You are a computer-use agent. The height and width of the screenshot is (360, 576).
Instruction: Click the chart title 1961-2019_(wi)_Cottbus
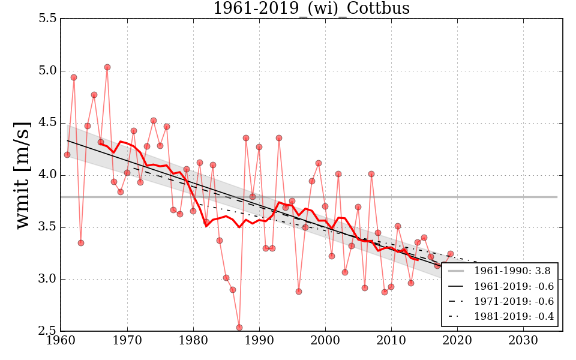coord(311,8)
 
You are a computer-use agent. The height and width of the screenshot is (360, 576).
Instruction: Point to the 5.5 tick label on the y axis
coord(47,19)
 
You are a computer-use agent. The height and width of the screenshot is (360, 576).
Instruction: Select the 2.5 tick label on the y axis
coord(47,331)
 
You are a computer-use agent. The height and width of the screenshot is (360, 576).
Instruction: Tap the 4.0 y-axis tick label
coord(47,175)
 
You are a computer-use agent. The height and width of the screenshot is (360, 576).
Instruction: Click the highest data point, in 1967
coord(107,67)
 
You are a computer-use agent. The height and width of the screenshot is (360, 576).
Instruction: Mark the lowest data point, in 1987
coord(239,328)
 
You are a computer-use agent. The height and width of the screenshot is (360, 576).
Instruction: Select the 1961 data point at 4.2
coord(67,155)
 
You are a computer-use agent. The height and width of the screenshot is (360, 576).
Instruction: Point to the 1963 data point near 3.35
coord(80,243)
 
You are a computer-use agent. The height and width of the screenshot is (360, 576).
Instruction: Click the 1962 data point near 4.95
coord(74,77)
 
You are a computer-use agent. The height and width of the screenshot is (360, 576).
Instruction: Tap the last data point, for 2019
coord(451,254)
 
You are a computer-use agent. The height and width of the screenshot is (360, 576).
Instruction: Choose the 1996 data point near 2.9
coord(299,292)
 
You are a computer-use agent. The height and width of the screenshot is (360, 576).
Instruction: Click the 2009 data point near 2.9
coord(385,292)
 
